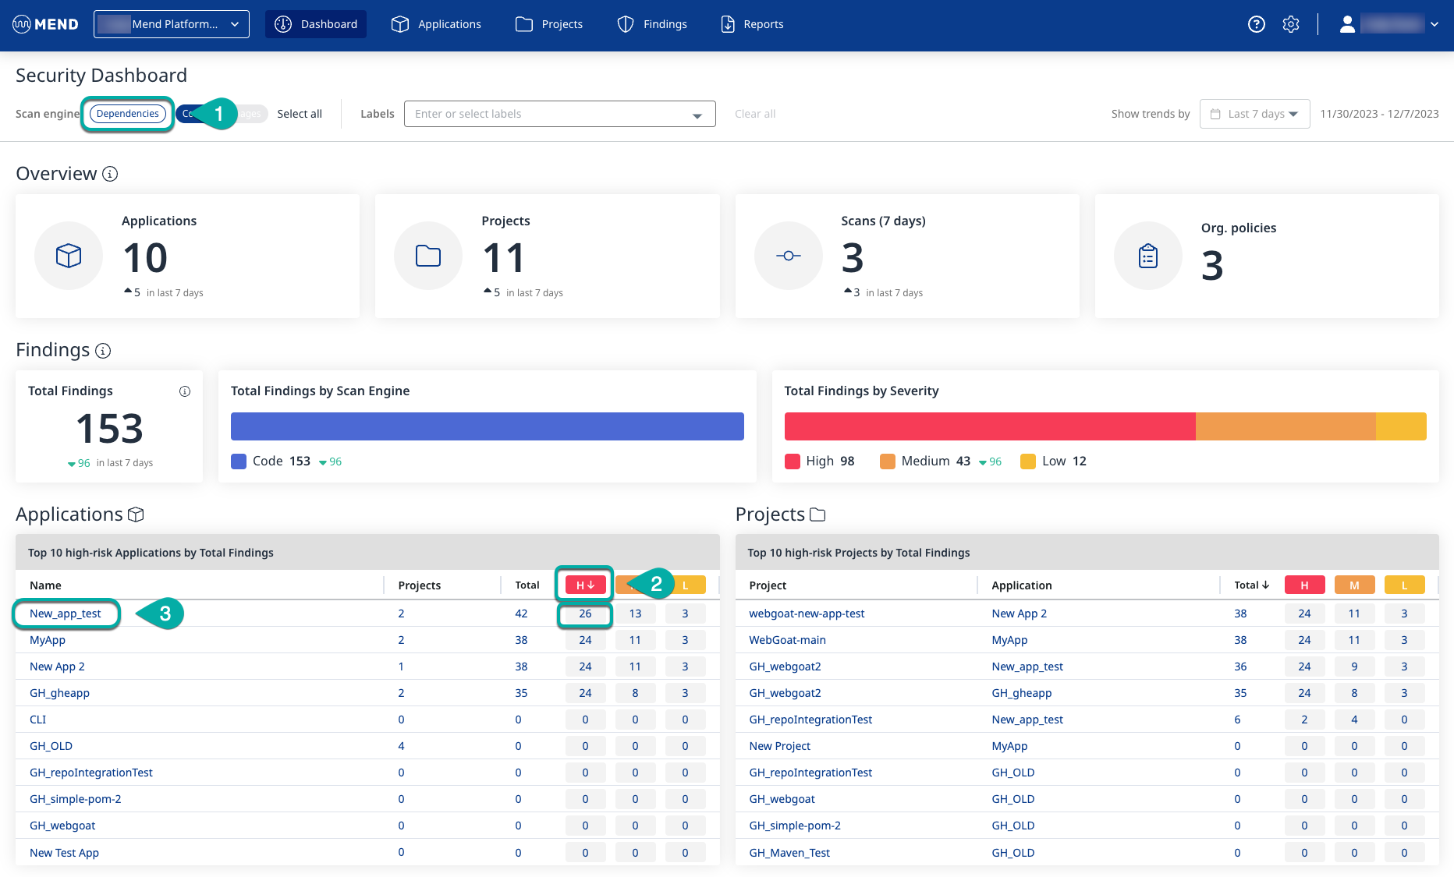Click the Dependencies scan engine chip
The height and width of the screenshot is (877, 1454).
coord(127,114)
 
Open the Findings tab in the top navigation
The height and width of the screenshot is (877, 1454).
coord(652,24)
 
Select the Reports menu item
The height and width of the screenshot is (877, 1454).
coord(752,24)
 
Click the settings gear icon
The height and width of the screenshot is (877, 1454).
coord(1291,24)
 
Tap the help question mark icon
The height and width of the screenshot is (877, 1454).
coord(1256,24)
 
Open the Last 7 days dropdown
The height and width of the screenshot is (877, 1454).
coord(1254,114)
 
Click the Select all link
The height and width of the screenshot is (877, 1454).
coord(300,114)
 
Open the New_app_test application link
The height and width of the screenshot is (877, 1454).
coord(66,614)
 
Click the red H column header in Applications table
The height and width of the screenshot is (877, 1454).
coord(585,585)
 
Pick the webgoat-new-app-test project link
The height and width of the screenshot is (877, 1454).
coord(807,614)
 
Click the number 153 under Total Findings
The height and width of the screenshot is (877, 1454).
coord(109,428)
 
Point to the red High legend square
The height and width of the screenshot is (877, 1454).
coord(793,461)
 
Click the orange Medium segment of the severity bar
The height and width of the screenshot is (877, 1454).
coord(1285,426)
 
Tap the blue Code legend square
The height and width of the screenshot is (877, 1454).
coord(239,461)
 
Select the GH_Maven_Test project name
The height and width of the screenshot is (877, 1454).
coord(789,853)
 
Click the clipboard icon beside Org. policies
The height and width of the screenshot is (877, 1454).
coord(1147,256)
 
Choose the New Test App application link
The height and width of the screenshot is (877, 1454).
coord(64,853)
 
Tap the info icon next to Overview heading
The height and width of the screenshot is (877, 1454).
coord(110,174)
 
